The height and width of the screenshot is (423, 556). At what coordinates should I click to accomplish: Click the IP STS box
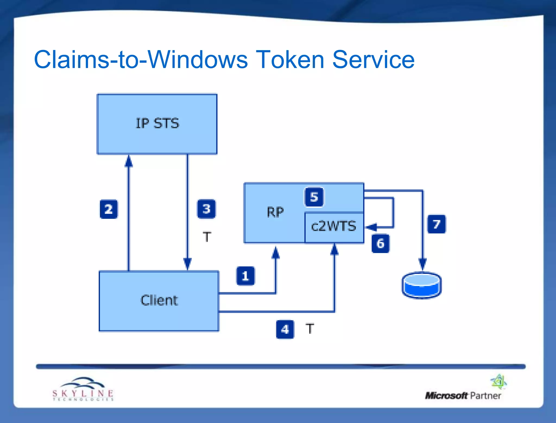pos(157,124)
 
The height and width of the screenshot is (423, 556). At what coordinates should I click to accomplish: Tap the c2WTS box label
pos(334,226)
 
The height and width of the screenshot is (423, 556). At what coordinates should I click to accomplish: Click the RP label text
pos(275,212)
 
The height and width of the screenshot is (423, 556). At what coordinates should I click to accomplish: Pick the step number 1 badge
pos(245,276)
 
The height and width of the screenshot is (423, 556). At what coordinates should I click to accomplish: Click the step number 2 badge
pos(109,209)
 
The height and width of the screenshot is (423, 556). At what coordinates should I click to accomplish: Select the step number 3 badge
pos(206,209)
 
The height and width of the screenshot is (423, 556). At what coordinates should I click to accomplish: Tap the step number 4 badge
pos(285,329)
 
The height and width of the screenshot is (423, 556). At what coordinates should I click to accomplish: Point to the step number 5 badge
pos(314,197)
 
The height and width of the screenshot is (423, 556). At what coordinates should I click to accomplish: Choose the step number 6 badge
pos(380,243)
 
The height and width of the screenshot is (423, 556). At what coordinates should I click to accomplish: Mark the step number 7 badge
pos(436,224)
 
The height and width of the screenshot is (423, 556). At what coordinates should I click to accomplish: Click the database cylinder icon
pos(421,285)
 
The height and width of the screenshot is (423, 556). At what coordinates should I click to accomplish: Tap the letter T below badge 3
pos(207,237)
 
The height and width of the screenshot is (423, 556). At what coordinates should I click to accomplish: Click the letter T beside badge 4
pos(309,329)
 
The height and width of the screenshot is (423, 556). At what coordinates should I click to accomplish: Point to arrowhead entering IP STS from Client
pos(129,161)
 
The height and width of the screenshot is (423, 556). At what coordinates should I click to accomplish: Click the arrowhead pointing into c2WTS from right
pos(371,227)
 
